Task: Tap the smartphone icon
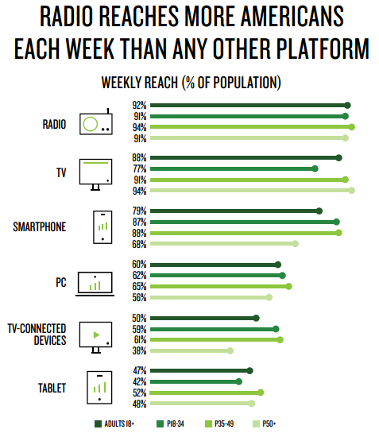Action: pyautogui.click(x=102, y=227)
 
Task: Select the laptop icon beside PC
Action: pyautogui.click(x=95, y=284)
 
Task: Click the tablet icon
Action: pyautogui.click(x=99, y=388)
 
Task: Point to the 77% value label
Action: pyautogui.click(x=140, y=169)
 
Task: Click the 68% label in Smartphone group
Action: pyautogui.click(x=139, y=244)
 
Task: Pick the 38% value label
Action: pyautogui.click(x=139, y=351)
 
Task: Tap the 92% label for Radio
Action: pyautogui.click(x=139, y=106)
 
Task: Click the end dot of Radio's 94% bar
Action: pyautogui.click(x=352, y=127)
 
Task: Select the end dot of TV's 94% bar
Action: pyautogui.click(x=352, y=191)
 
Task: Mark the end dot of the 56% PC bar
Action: pyautogui.click(x=269, y=297)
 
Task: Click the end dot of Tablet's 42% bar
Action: pyautogui.click(x=239, y=382)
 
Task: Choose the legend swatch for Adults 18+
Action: pyautogui.click(x=98, y=424)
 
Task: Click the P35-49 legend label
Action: pyautogui.click(x=224, y=424)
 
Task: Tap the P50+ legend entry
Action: pyautogui.click(x=264, y=424)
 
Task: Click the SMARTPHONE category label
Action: pyautogui.click(x=40, y=227)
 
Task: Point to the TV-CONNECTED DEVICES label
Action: pyautogui.click(x=37, y=335)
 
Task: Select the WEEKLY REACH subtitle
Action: pyautogui.click(x=191, y=83)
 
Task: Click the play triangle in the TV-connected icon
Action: pyautogui.click(x=96, y=335)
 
